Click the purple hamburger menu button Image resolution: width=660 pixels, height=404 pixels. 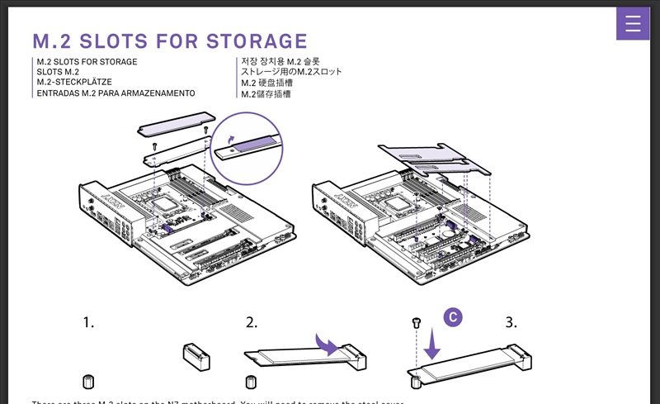633,24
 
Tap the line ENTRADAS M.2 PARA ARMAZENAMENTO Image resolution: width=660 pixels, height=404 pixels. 115,93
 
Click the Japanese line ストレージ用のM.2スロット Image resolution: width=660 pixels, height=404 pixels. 291,73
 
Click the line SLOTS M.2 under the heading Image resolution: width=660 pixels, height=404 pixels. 58,73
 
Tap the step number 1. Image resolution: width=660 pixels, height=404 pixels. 89,322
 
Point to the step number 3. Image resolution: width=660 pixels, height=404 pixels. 511,322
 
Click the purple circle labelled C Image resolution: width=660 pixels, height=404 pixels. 452,316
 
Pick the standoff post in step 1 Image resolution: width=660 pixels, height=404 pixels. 88,381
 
